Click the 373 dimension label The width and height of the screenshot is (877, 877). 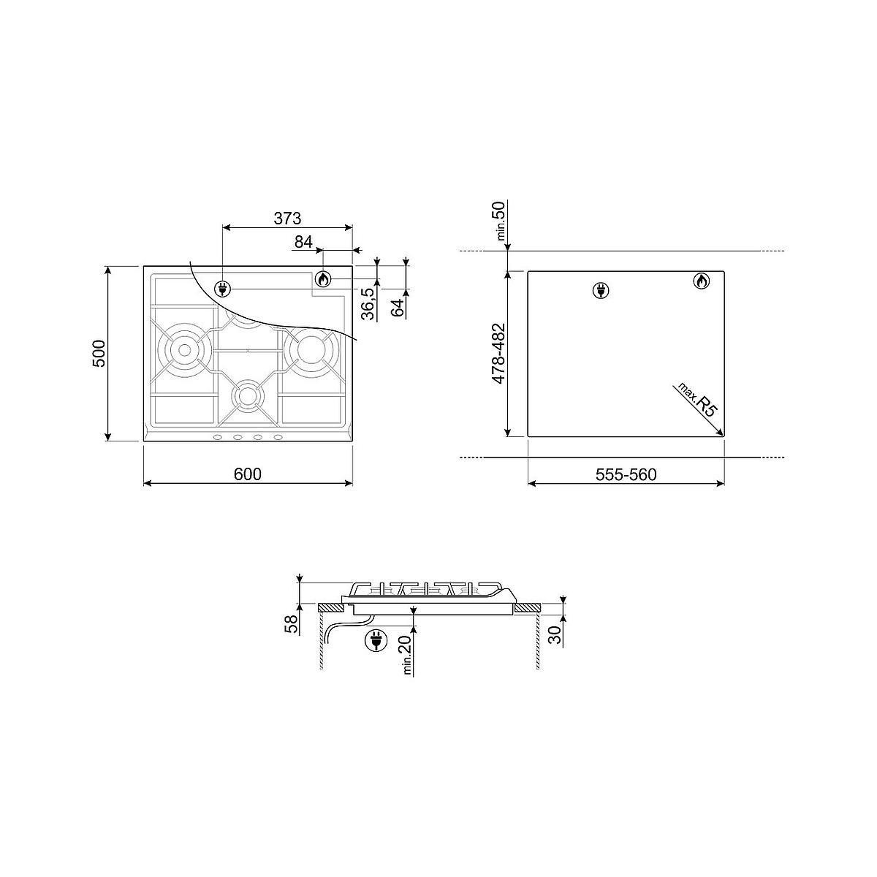click(287, 219)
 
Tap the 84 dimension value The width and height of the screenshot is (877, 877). click(303, 242)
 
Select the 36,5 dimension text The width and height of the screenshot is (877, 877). click(368, 303)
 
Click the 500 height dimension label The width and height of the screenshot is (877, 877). click(99, 353)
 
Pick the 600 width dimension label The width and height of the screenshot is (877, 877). click(248, 474)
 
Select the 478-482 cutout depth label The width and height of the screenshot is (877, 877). click(499, 354)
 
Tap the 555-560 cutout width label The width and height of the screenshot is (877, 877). click(626, 475)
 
